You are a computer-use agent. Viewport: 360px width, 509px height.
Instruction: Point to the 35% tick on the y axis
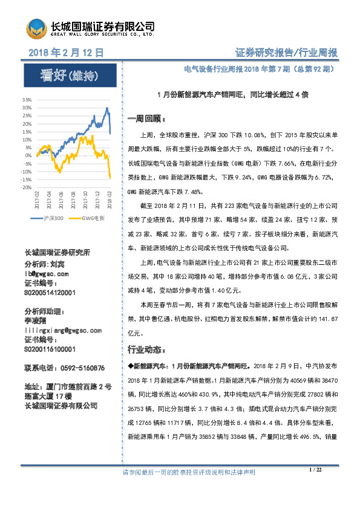tap(28, 99)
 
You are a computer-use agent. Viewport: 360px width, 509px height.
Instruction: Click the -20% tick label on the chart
tap(27, 188)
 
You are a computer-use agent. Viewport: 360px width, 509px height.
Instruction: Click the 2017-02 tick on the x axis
tap(37, 199)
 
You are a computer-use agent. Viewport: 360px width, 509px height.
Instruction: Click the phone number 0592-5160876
tap(65, 368)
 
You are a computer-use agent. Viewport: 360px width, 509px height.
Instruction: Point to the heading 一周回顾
tap(143, 118)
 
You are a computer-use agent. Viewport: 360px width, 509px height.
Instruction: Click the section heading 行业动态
tap(143, 350)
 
